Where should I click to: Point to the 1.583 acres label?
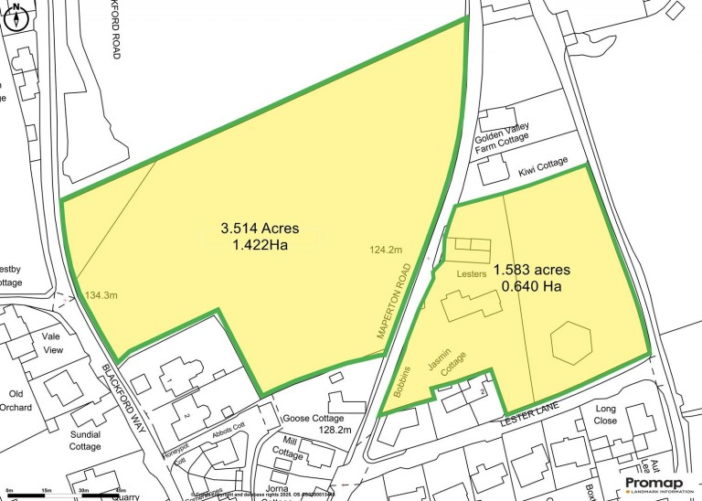532,270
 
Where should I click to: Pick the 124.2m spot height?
388,249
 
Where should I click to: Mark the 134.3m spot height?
102,295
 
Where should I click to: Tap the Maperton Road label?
396,300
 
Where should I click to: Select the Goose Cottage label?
313,416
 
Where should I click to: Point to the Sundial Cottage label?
85,441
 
